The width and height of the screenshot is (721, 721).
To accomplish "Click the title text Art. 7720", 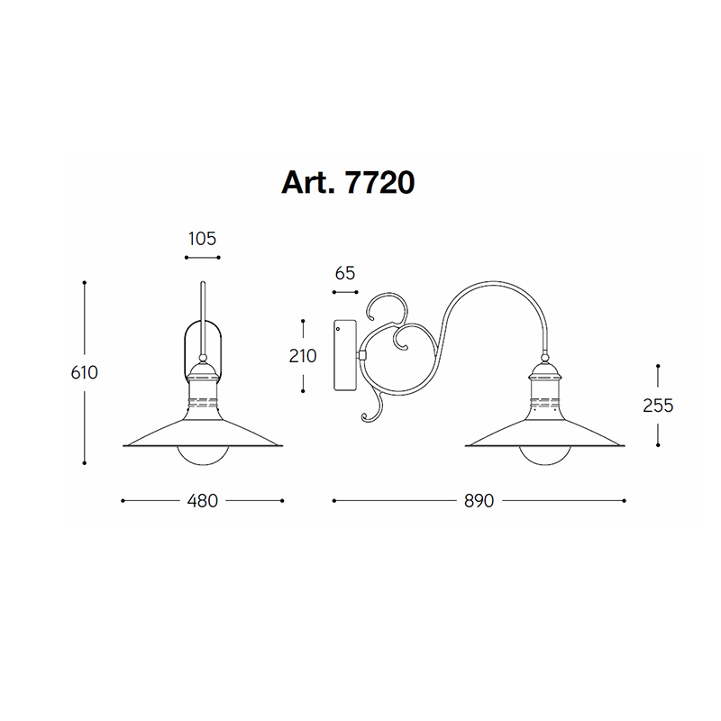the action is [348, 183].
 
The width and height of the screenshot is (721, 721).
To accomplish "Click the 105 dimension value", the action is [202, 239].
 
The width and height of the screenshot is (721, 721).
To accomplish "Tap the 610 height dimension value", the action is [85, 372].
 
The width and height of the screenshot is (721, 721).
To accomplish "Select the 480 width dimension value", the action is [202, 501].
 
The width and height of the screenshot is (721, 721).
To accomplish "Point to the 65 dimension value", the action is [345, 274].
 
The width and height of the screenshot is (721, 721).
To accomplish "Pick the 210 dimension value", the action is [303, 356].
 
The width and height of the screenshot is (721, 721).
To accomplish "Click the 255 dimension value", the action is [658, 406].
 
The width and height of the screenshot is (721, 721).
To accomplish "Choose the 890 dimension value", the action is [479, 501].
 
